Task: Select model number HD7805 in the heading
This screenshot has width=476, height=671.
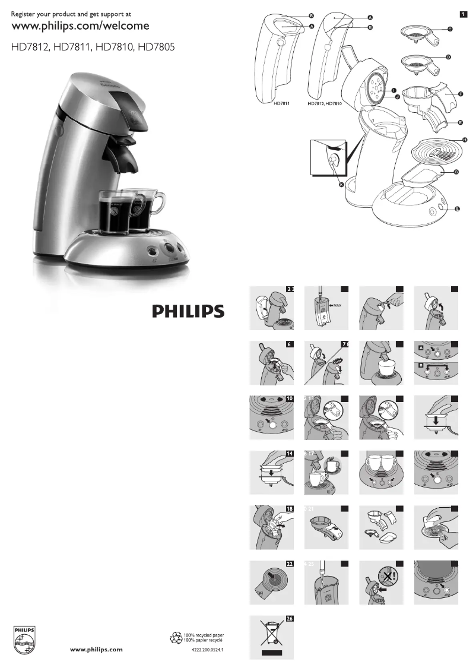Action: (x=156, y=46)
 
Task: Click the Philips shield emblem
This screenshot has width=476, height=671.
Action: (x=24, y=640)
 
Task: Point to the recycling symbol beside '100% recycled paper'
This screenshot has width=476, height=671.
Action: (x=176, y=638)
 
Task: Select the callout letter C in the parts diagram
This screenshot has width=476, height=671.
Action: (x=449, y=29)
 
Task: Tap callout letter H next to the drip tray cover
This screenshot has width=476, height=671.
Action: (x=465, y=140)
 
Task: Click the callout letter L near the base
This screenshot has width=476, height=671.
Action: (x=457, y=208)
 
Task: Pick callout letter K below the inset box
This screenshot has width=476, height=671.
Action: (x=341, y=185)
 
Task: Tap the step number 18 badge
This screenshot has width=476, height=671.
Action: (x=290, y=508)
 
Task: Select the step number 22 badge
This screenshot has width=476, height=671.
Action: (x=290, y=564)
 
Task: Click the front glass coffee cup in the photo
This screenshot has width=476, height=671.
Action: (x=115, y=215)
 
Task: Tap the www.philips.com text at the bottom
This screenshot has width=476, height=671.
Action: (x=97, y=650)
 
